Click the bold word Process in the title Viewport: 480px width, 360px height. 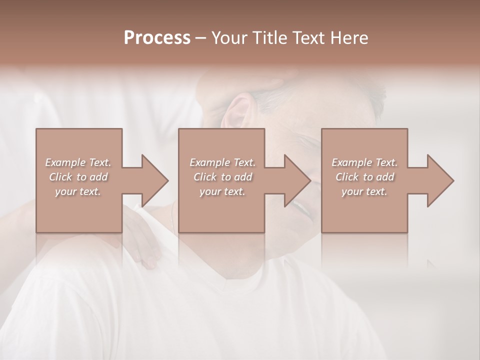(157, 38)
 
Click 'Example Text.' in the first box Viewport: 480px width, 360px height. (78, 162)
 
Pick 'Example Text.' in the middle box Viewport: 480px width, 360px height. (222, 162)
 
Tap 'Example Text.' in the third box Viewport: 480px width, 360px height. (364, 162)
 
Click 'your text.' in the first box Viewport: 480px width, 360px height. (78, 191)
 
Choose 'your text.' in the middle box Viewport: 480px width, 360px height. (222, 191)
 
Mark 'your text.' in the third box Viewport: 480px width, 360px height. (364, 191)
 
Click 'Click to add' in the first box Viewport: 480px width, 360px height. (78, 177)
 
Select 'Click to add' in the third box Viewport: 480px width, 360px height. (364, 177)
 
